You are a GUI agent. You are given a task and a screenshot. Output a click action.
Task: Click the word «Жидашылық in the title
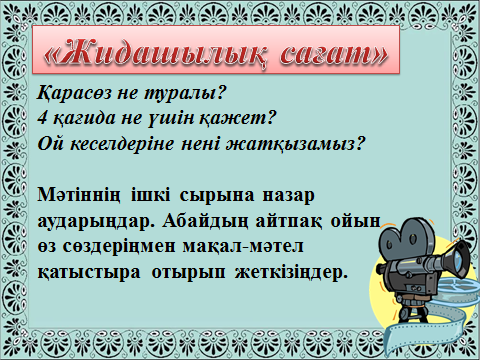tap(156, 53)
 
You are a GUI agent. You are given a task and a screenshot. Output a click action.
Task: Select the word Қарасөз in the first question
tap(74, 93)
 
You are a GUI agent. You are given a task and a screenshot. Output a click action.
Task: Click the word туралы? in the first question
tap(185, 93)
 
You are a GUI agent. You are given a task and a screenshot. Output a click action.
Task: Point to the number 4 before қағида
tap(42, 118)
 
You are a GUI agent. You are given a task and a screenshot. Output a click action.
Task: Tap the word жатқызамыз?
tap(294, 144)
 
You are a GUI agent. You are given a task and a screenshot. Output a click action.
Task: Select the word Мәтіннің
tap(79, 195)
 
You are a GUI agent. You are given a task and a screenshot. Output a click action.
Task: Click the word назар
tap(289, 196)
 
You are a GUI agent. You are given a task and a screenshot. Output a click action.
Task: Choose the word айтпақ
tap(289, 221)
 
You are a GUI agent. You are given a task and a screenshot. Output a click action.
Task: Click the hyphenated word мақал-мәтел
tap(243, 247)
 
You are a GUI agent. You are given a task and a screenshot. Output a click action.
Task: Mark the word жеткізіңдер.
tap(292, 273)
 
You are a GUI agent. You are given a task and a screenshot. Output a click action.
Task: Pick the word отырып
tap(189, 273)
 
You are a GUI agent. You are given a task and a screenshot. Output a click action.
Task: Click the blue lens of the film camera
tap(459, 259)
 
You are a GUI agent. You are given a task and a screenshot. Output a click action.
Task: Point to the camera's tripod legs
tap(412, 312)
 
